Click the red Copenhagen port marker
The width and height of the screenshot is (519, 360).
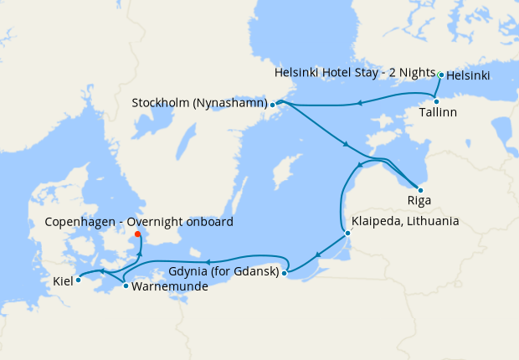coord(138,234)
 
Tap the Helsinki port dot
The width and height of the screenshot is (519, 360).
coord(441,75)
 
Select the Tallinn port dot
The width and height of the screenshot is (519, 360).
coord(436,101)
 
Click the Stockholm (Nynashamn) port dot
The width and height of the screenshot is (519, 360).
coord(273,105)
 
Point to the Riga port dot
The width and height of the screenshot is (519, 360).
coord(419,190)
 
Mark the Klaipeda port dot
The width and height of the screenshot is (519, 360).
coord(347,233)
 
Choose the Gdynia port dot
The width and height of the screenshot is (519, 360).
coord(285,272)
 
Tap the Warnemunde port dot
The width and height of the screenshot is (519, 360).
coord(126,286)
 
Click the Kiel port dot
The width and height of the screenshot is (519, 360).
coord(78,280)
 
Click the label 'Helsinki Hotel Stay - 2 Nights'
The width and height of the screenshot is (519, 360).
coord(355,74)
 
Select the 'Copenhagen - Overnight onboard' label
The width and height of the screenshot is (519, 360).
coord(139,222)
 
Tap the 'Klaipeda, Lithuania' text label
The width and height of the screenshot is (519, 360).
coord(406,222)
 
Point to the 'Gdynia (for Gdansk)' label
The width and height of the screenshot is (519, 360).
coord(224,272)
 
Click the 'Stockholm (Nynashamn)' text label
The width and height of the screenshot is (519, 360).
coord(199,104)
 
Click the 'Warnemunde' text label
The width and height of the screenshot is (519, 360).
coord(170,286)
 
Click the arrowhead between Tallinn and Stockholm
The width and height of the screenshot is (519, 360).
coord(358,103)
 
